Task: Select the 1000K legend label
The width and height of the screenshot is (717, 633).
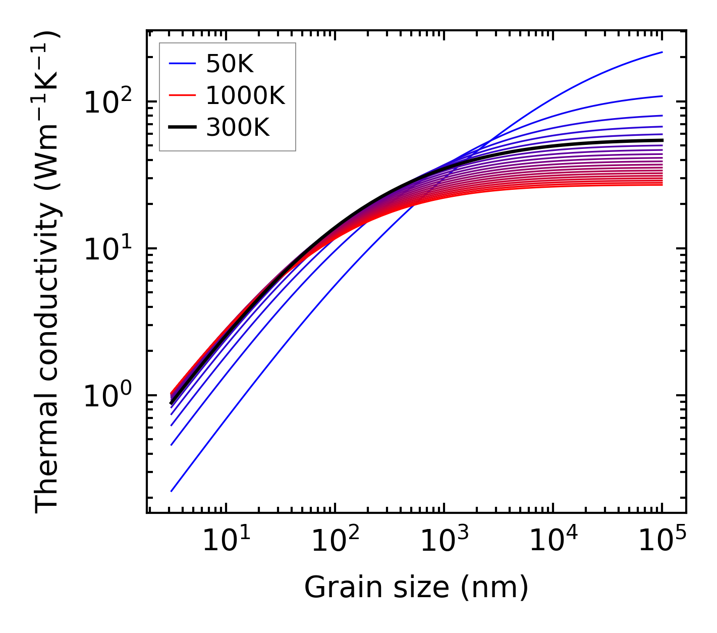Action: click(x=245, y=96)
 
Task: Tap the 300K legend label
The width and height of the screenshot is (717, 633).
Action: click(x=238, y=128)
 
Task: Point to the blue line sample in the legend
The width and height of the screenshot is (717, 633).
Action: click(x=182, y=64)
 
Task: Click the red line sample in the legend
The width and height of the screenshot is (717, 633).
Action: click(x=182, y=96)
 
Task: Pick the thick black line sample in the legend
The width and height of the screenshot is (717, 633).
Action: click(x=182, y=128)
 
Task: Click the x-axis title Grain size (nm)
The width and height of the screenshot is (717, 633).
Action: click(x=416, y=588)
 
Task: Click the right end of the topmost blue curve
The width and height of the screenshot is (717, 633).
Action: click(x=661, y=52)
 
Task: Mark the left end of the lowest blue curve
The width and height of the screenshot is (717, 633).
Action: click(x=172, y=491)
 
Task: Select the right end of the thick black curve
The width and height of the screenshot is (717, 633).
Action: click(x=661, y=140)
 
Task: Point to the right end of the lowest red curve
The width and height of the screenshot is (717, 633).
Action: click(x=661, y=185)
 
